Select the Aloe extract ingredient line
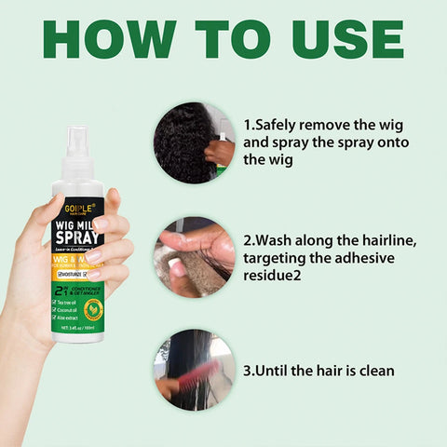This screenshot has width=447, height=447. coord(67,318)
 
